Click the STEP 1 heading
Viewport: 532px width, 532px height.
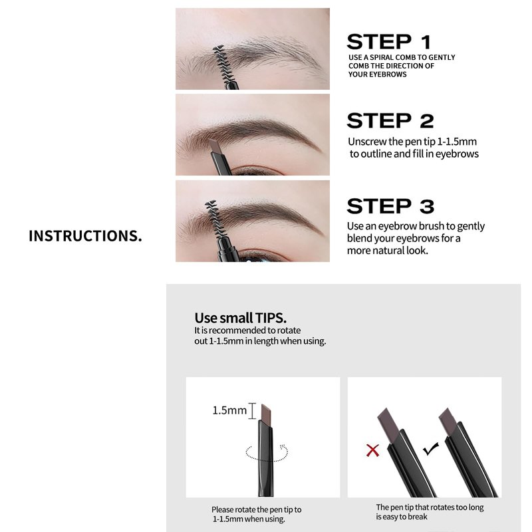point(389,42)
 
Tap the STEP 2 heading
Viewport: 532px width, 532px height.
point(390,121)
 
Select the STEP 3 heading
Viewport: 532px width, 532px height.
point(390,206)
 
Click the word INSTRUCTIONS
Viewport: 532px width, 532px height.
point(85,236)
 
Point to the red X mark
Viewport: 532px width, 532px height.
point(372,450)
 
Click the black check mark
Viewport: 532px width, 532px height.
point(431,449)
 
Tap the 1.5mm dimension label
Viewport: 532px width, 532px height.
point(229,410)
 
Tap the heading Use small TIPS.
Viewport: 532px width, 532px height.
point(241,318)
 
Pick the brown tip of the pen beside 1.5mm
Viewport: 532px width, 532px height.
point(266,414)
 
